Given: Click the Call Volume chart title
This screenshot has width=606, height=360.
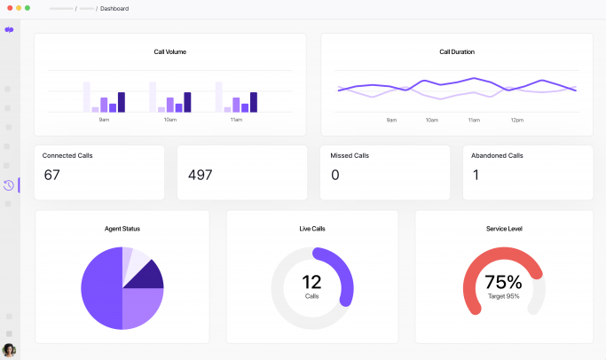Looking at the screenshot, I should (170, 51).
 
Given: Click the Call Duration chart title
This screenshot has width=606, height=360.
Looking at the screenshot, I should (457, 51).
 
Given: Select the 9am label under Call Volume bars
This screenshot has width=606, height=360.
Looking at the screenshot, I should (104, 120).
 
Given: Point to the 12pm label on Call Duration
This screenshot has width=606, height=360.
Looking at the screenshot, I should (517, 120).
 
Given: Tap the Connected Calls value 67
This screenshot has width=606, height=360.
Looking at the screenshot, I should (51, 175).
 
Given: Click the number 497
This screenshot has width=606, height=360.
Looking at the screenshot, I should (201, 175).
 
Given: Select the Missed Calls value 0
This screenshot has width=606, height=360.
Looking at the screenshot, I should (334, 175).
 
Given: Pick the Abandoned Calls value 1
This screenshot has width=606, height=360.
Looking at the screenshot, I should (476, 175).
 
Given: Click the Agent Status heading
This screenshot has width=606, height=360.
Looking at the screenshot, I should (122, 229).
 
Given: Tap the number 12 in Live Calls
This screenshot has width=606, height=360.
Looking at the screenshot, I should (311, 282).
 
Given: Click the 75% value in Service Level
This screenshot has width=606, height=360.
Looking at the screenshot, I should (504, 282).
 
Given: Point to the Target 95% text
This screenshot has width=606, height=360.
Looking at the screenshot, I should (504, 296).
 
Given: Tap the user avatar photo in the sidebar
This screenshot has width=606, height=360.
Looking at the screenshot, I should (9, 349).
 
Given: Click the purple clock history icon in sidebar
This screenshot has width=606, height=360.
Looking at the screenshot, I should (9, 185).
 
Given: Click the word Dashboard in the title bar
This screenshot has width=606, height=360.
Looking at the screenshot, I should (114, 8).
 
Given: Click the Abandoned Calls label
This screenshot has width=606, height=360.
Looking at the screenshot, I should (497, 155).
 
